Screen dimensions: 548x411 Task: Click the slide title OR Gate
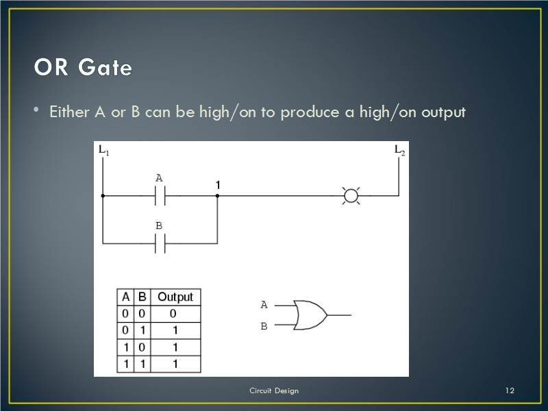(83, 66)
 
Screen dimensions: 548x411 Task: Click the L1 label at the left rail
(104, 150)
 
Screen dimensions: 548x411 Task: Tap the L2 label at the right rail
(399, 150)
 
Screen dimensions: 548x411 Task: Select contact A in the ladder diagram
(160, 196)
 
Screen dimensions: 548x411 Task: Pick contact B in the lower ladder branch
(160, 243)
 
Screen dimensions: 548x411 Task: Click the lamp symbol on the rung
(351, 196)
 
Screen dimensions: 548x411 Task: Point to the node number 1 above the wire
(218, 185)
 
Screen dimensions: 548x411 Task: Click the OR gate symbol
(310, 315)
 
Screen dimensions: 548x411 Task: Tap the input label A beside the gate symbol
(264, 305)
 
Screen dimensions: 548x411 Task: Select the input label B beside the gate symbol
(264, 326)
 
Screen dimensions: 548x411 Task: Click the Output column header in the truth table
(175, 297)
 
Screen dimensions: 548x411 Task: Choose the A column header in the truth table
(125, 297)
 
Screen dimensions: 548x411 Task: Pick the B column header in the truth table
(142, 297)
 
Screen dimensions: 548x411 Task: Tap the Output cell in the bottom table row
(175, 364)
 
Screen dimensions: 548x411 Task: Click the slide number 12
(510, 390)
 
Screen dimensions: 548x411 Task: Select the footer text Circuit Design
(274, 390)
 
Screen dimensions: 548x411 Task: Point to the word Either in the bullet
(70, 112)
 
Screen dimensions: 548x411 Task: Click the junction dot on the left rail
(103, 196)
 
